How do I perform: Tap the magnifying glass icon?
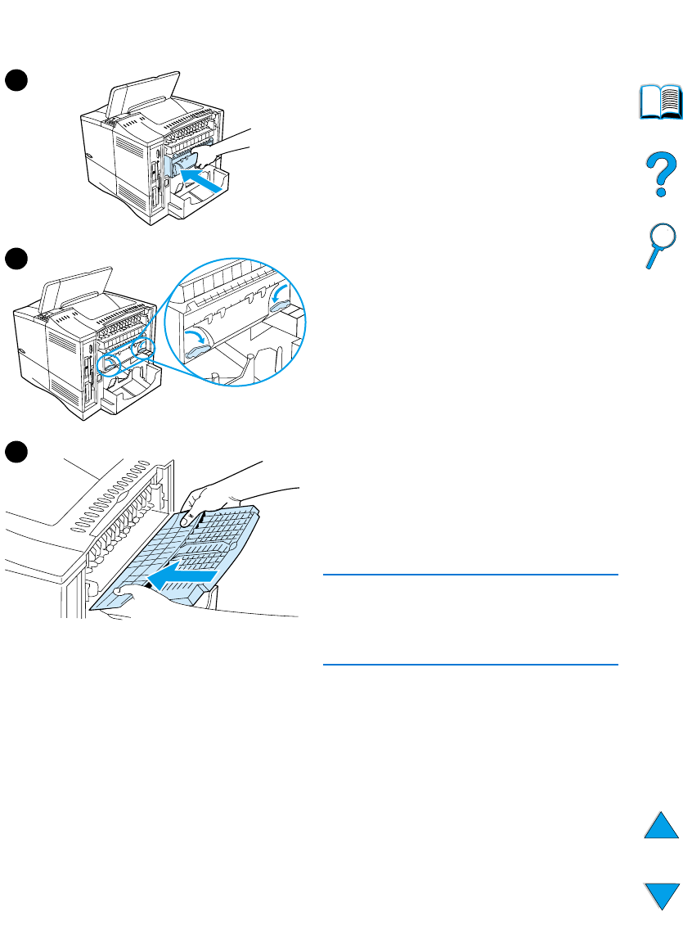point(659,245)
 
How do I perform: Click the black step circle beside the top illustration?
point(16,79)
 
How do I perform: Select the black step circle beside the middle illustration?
point(16,259)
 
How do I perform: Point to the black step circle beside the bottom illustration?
point(16,451)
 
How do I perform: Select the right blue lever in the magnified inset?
point(286,305)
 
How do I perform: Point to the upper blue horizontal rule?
point(470,575)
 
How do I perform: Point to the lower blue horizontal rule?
point(470,665)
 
